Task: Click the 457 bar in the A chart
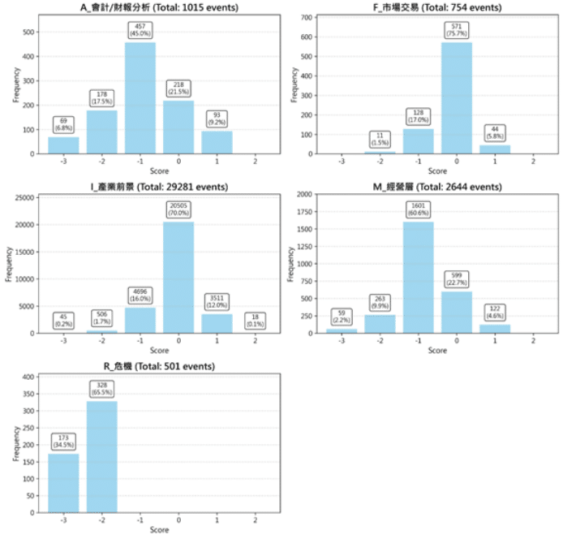[140, 97]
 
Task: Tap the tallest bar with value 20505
[178, 277]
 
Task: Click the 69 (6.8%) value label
[64, 125]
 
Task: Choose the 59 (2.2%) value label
[342, 316]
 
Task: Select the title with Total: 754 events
[437, 7]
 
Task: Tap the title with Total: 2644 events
[437, 187]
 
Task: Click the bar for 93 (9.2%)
[217, 142]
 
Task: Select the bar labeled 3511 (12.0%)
[217, 314]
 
